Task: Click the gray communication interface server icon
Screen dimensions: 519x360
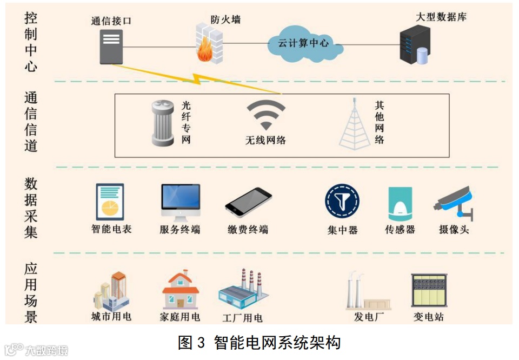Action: click(111, 46)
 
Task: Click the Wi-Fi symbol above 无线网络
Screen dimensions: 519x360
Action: click(265, 116)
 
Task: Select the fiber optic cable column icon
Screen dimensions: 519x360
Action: click(163, 124)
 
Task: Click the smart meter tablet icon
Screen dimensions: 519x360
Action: click(110, 201)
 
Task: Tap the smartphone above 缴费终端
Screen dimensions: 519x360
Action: click(248, 202)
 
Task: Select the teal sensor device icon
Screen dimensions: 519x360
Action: click(400, 203)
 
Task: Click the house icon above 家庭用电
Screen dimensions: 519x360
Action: click(181, 290)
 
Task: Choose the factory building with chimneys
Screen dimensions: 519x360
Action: click(243, 289)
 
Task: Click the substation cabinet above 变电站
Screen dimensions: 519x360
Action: click(429, 291)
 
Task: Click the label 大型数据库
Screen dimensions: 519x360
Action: click(441, 17)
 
